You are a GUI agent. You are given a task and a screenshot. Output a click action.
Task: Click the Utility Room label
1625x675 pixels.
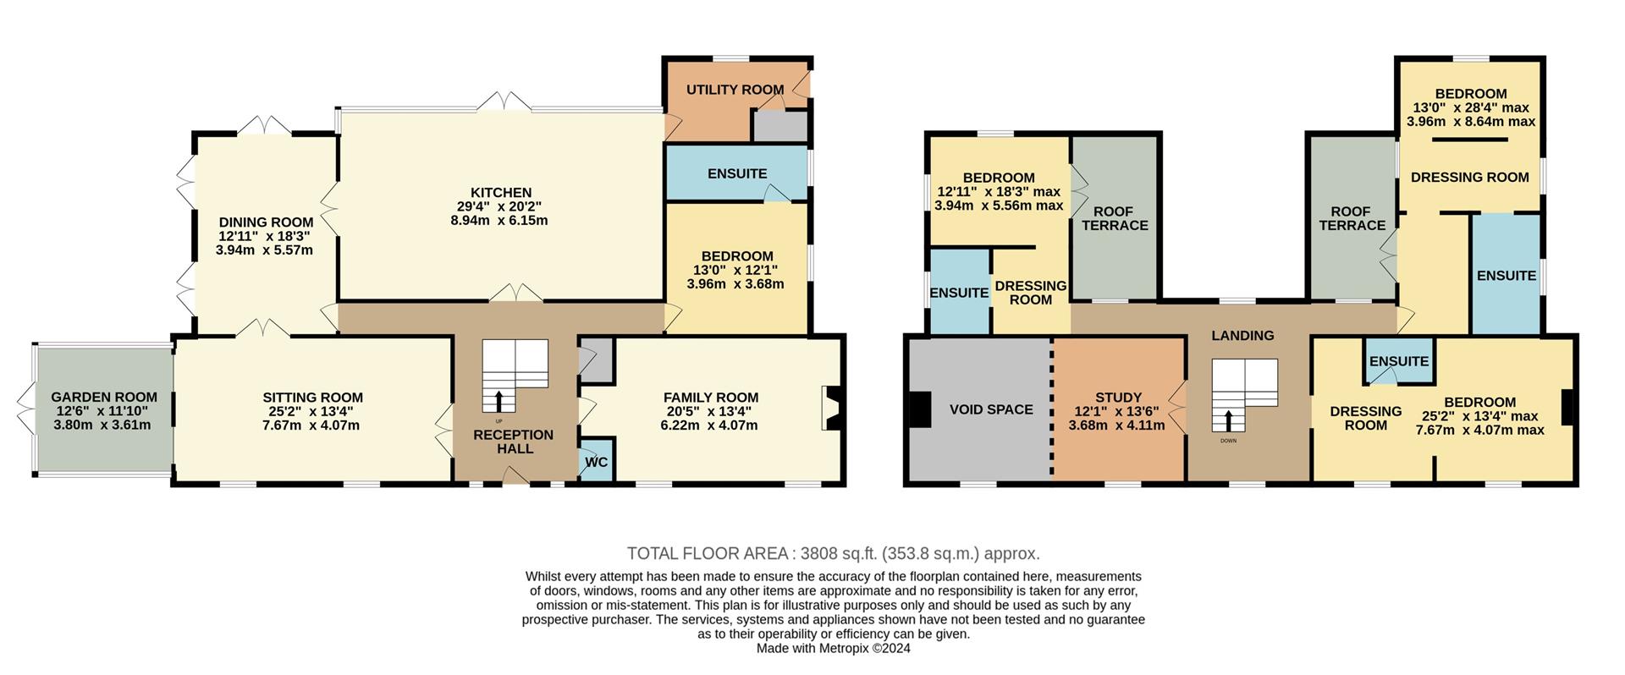[735, 90]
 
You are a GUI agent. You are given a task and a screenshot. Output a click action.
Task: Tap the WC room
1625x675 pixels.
[597, 461]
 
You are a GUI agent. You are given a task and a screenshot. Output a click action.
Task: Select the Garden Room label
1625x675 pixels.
[104, 397]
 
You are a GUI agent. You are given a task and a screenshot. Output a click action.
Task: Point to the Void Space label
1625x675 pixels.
[991, 409]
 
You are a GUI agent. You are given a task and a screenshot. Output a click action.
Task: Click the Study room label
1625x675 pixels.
[1118, 397]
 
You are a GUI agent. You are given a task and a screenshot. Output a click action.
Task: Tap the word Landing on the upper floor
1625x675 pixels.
[1242, 336]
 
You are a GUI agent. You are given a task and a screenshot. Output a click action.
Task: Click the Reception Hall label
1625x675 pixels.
[515, 442]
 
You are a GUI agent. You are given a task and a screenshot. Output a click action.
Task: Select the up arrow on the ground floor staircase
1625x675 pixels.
[499, 401]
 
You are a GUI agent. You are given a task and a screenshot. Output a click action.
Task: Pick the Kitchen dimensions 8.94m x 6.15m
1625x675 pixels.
[499, 221]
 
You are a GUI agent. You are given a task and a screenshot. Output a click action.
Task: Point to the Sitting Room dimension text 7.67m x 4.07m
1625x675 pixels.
[311, 425]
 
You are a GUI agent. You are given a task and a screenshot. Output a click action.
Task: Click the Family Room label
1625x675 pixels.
[711, 398]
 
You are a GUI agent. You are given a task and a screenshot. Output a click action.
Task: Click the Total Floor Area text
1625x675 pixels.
[834, 554]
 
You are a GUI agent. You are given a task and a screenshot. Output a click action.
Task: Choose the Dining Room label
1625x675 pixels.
[266, 222]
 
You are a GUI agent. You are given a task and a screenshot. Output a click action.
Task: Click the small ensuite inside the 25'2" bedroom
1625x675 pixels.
[1399, 360]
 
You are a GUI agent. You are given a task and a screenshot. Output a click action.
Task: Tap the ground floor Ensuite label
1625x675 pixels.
[737, 173]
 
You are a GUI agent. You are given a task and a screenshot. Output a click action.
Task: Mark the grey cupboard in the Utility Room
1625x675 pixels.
[780, 126]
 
